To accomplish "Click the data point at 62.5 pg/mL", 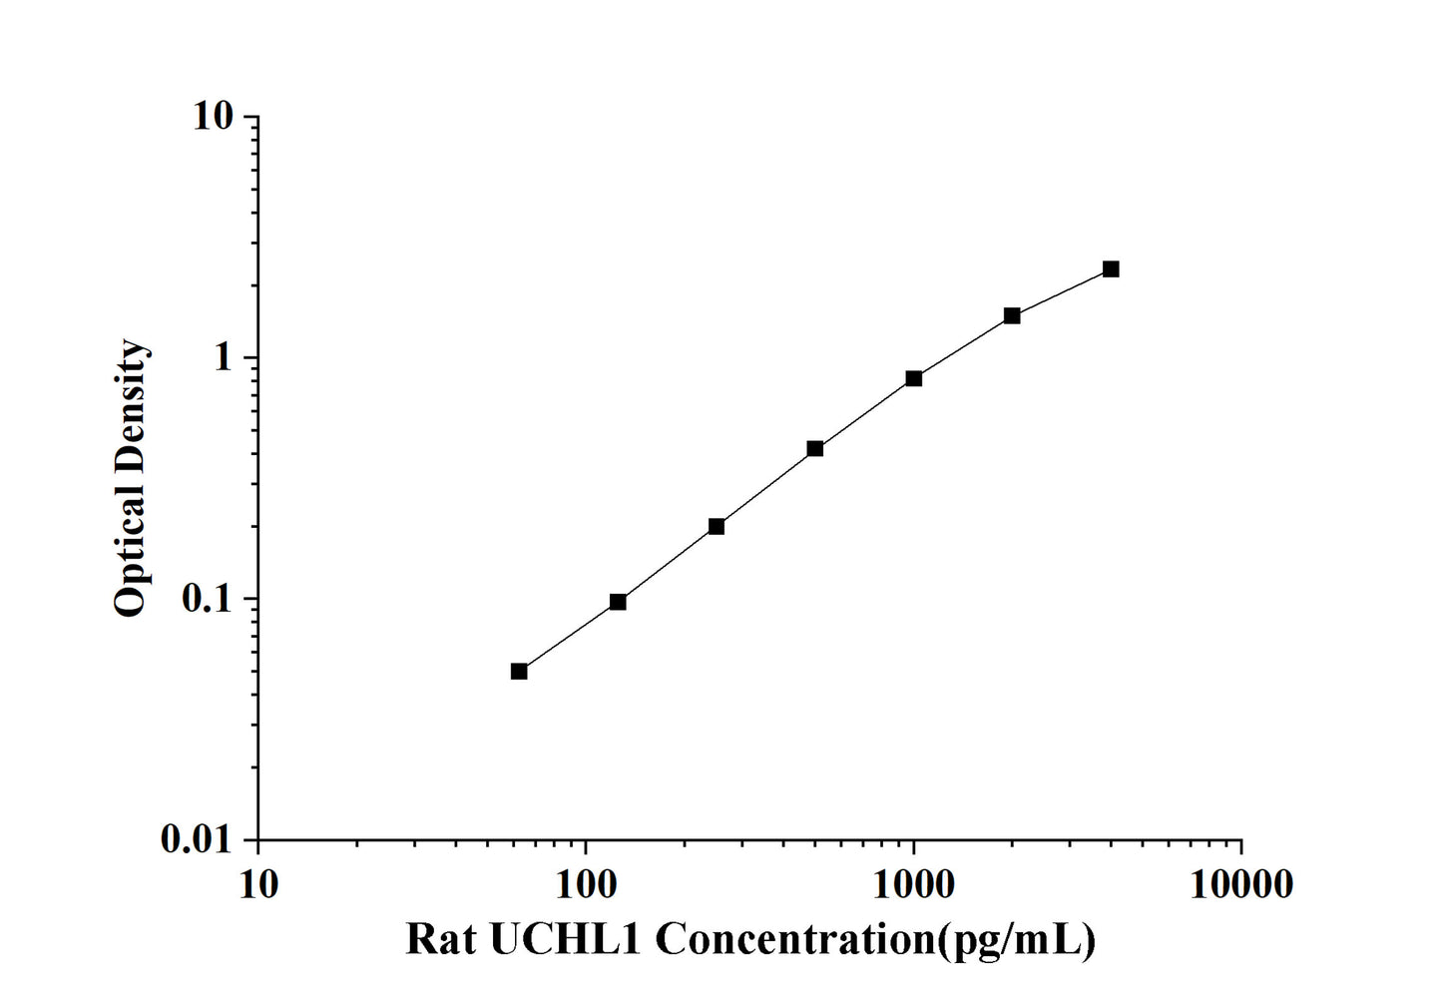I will pyautogui.click(x=519, y=671).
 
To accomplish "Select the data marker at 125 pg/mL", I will pyautogui.click(x=618, y=602).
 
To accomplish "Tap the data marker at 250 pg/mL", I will pyautogui.click(x=717, y=526).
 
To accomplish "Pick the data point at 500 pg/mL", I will pyautogui.click(x=815, y=449).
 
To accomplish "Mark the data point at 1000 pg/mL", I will pyautogui.click(x=914, y=378).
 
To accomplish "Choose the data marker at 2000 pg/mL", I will pyautogui.click(x=1012, y=315).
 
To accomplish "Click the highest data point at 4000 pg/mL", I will pyautogui.click(x=1111, y=269).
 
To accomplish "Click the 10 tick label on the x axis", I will pyautogui.click(x=258, y=884).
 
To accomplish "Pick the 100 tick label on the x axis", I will pyautogui.click(x=586, y=884).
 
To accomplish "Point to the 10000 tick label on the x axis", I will pyautogui.click(x=1241, y=884).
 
